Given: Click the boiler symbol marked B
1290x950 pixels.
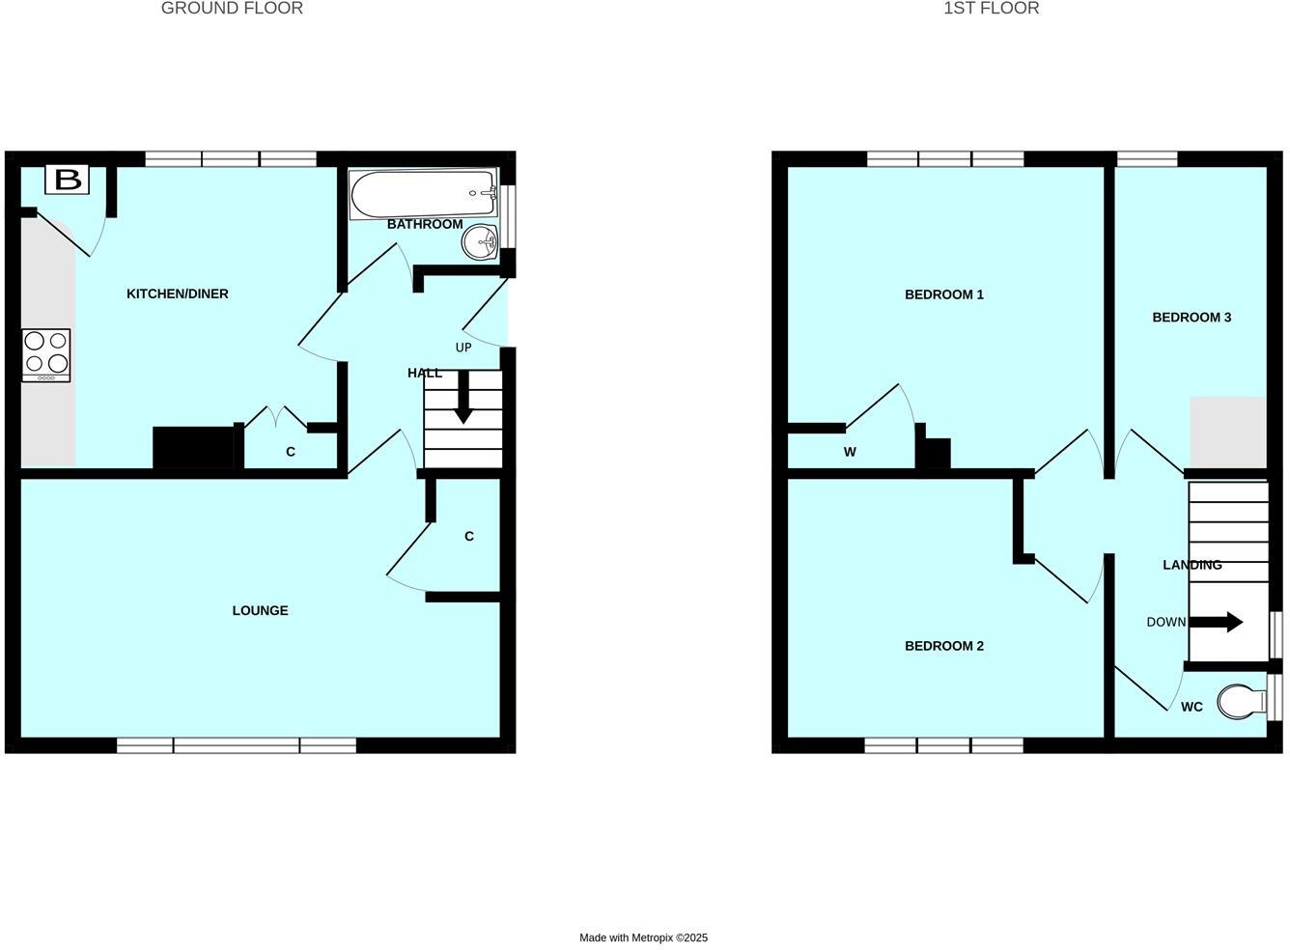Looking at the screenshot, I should tap(68, 179).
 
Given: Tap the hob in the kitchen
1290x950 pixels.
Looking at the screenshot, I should tap(46, 353).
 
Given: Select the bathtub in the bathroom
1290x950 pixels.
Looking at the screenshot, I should tap(423, 194).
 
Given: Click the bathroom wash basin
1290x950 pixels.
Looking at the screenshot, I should tap(479, 241).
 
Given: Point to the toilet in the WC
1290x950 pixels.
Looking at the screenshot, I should tap(1240, 702).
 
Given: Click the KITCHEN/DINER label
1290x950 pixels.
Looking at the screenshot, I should tap(178, 293).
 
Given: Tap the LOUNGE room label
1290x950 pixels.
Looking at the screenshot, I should tap(260, 610).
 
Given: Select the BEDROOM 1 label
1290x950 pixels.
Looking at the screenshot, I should tap(943, 294).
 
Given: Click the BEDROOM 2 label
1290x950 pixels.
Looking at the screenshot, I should tap(943, 646).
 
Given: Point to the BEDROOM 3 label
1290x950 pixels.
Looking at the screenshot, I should tap(1192, 317).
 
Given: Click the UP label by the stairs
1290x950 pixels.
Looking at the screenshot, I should tap(463, 348).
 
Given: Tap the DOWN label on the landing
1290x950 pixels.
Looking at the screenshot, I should tap(1165, 622).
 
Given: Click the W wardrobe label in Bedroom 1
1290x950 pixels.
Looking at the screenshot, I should tap(850, 452).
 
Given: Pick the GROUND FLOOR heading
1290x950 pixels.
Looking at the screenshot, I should tap(232, 9).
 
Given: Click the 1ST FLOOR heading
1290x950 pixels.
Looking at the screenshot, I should tap(991, 9).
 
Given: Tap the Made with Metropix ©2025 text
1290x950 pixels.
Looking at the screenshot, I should tap(643, 937).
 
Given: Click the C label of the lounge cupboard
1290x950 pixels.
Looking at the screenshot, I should tap(469, 537).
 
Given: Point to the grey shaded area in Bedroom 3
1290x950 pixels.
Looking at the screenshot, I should tap(1227, 432).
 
